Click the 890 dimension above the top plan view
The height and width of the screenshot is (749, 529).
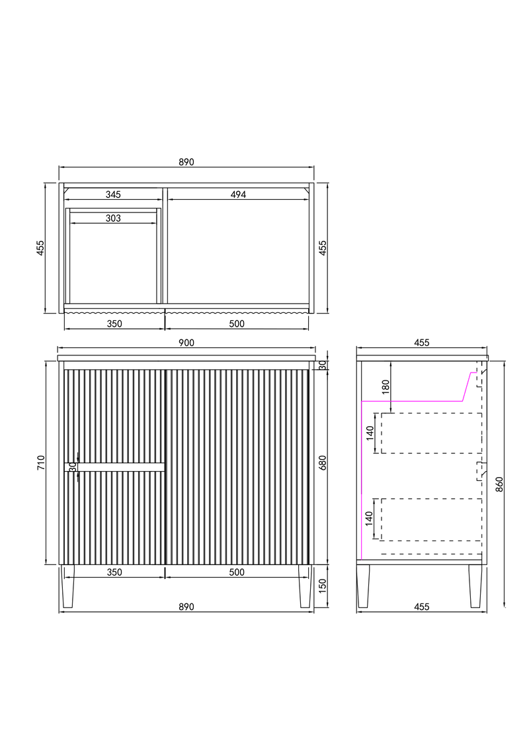point(186,162)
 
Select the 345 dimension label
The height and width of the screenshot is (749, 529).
point(113,195)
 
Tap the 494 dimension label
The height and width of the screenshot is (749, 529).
point(238,195)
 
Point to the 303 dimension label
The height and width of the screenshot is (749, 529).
point(113,218)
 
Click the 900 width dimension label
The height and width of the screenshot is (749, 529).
point(186,343)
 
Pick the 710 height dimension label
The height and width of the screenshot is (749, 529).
point(40,463)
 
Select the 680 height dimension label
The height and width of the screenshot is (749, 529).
point(323,463)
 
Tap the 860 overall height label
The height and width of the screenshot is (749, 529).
point(499,484)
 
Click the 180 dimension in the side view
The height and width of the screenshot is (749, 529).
point(386,386)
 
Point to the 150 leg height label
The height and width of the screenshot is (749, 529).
point(323,586)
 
